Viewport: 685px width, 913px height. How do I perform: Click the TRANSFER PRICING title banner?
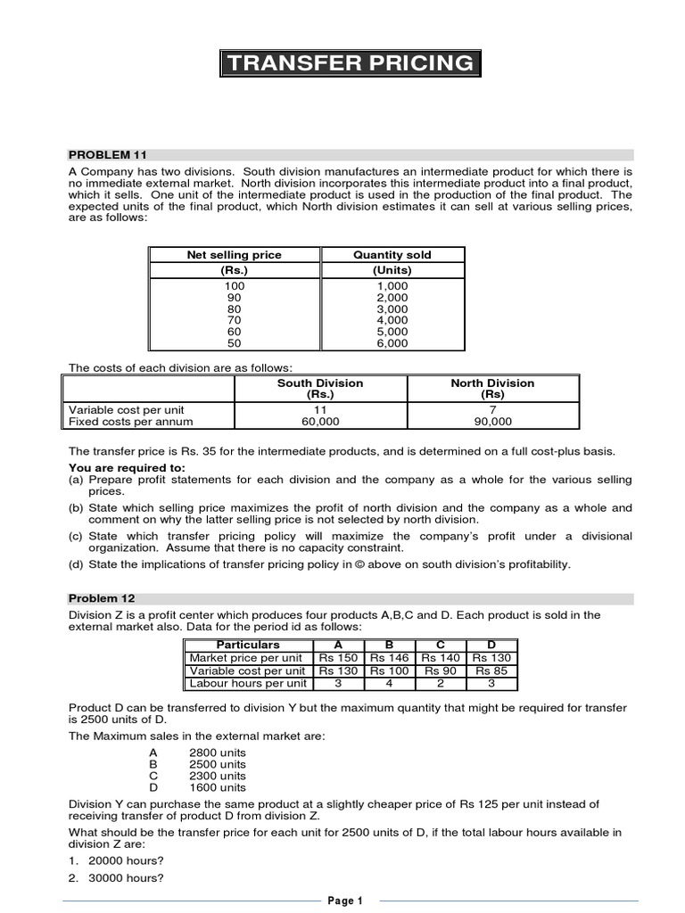tap(350, 62)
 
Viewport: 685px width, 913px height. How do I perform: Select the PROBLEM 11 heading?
tap(107, 155)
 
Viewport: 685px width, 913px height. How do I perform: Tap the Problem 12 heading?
tap(103, 598)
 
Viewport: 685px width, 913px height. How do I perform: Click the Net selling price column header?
tap(234, 255)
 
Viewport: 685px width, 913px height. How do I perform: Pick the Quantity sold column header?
tap(392, 255)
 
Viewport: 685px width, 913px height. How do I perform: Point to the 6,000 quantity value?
tap(392, 343)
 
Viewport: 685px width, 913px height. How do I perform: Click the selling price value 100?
tap(234, 285)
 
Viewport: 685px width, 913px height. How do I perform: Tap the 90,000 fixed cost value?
tap(492, 422)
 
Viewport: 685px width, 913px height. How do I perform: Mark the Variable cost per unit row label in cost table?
tap(127, 410)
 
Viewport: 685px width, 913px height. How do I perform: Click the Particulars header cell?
tap(248, 645)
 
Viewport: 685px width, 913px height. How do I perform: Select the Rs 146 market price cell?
tap(389, 658)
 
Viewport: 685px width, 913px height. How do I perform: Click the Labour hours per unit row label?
tap(248, 684)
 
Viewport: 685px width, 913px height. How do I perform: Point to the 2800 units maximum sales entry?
tap(218, 753)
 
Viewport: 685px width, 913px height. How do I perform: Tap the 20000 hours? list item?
tap(126, 860)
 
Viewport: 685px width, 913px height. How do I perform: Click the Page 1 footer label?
tap(345, 901)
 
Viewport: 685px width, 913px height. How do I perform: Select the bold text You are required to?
tap(128, 467)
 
